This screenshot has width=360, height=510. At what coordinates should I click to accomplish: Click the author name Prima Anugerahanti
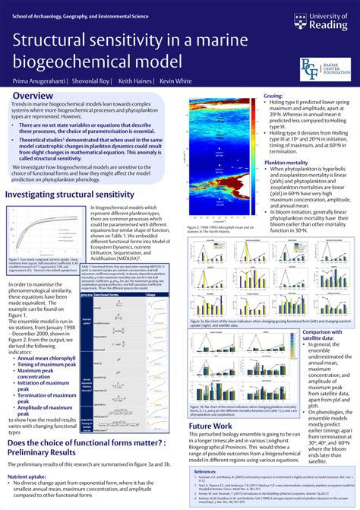click(x=37, y=79)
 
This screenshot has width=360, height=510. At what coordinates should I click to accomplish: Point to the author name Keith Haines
click(x=136, y=79)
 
